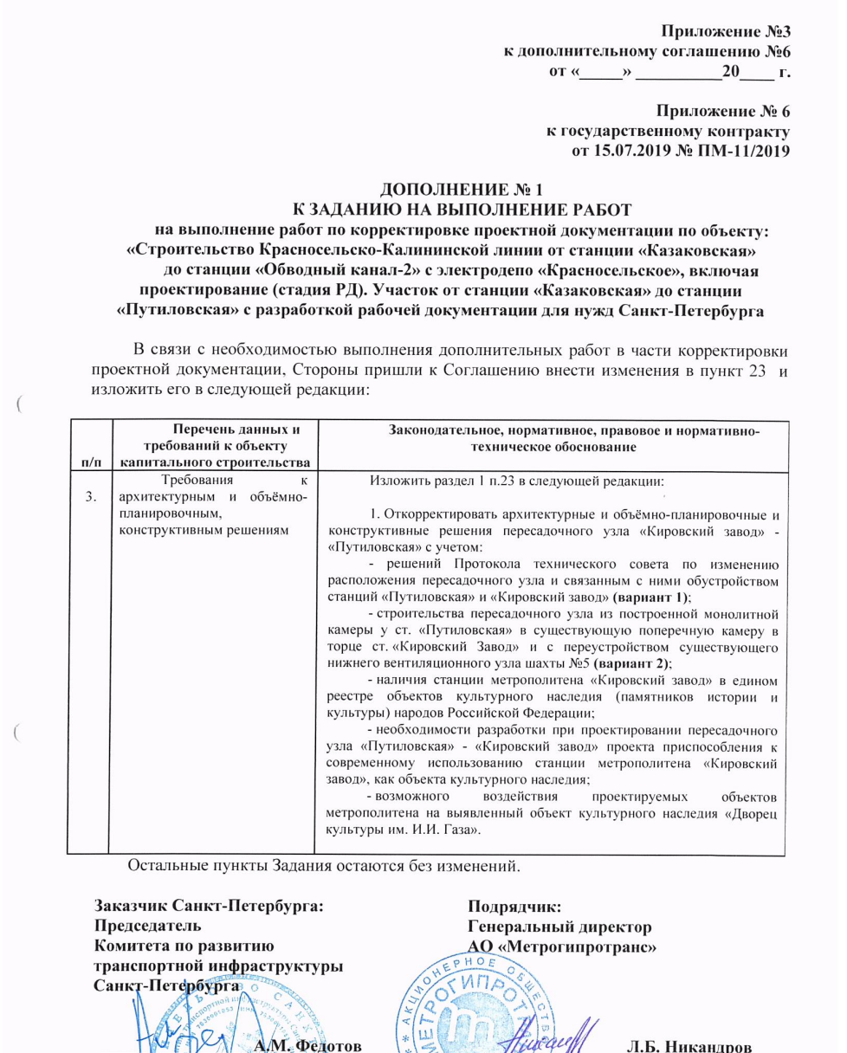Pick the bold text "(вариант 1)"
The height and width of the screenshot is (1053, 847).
[656, 602]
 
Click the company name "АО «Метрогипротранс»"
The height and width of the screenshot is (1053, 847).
[564, 946]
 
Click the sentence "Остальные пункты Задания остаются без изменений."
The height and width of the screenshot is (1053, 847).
[325, 865]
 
